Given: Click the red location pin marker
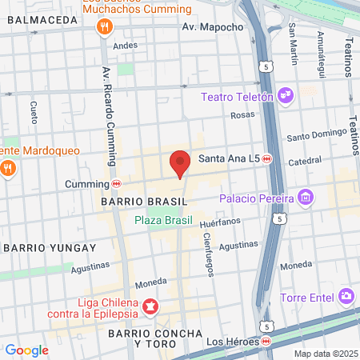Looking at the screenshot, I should point(180,163).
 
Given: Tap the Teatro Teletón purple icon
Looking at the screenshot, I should point(286,97).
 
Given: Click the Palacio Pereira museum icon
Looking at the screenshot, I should point(304,197).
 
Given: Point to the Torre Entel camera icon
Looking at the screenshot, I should point(346,297).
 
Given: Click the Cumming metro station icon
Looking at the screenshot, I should point(117,183).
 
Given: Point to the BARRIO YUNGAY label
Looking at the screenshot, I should point(50,248).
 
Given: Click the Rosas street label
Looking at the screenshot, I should point(242,115).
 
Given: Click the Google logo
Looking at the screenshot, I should point(26,350).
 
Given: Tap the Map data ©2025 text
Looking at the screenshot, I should point(324,354).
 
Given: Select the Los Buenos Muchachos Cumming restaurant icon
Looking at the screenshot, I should point(103,29).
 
